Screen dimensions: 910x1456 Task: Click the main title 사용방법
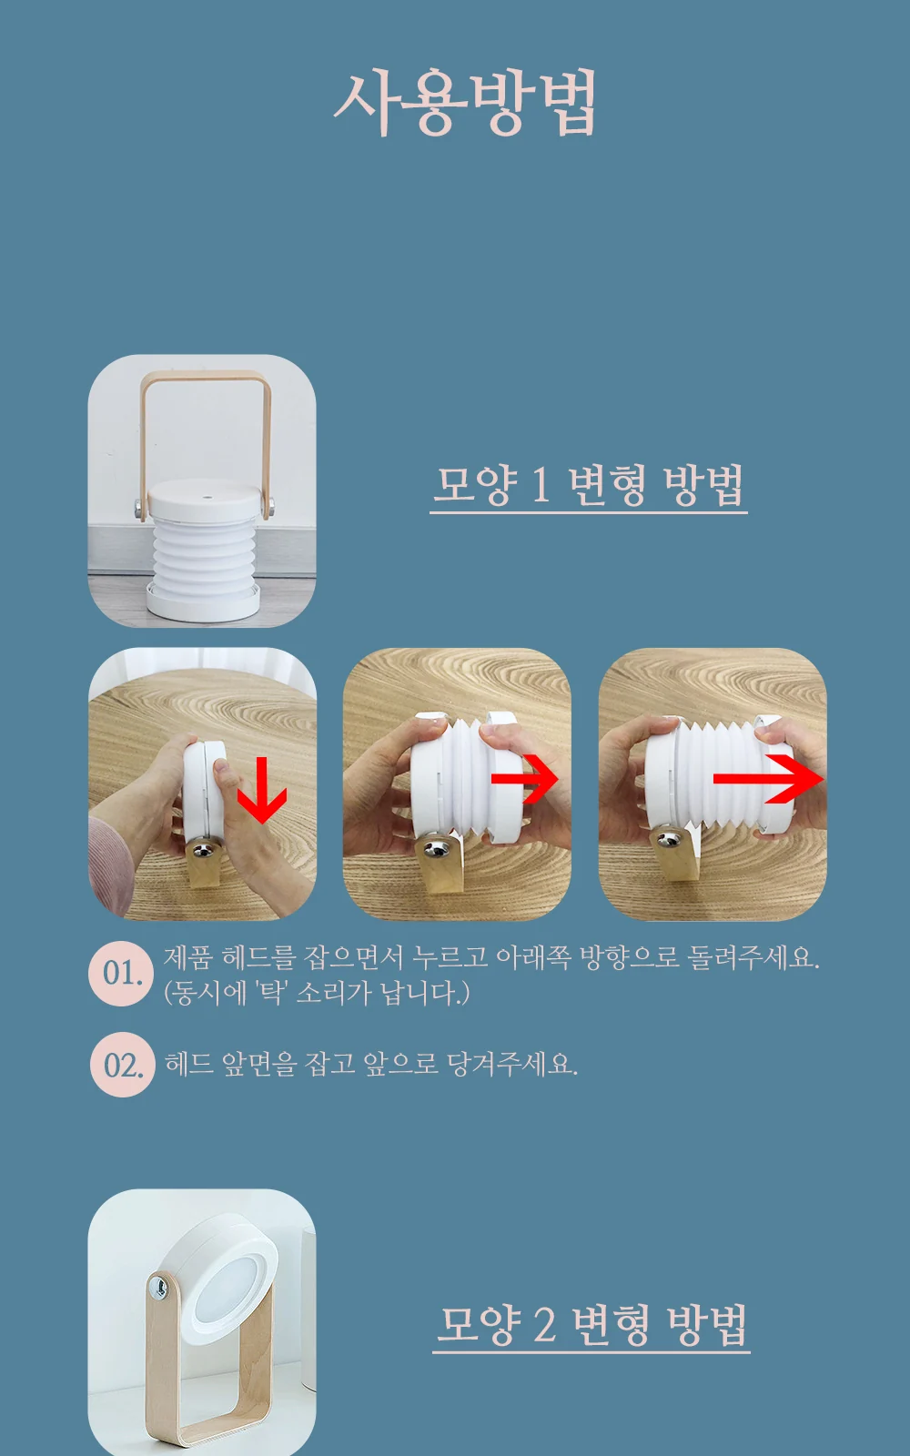pyautogui.click(x=465, y=104)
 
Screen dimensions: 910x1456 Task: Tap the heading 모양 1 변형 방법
pyautogui.click(x=588, y=484)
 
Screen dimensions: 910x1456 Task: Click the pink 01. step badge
pyautogui.click(x=122, y=973)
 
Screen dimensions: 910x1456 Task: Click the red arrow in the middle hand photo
pyautogui.click(x=524, y=778)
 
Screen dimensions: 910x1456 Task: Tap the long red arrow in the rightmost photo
pyautogui.click(x=769, y=779)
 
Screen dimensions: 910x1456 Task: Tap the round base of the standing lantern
pyautogui.click(x=203, y=598)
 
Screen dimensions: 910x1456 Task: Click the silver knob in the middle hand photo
pyautogui.click(x=438, y=847)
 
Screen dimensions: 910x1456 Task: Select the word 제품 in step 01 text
pyautogui.click(x=187, y=956)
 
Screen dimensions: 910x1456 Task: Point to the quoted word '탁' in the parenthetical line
pyautogui.click(x=272, y=993)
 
